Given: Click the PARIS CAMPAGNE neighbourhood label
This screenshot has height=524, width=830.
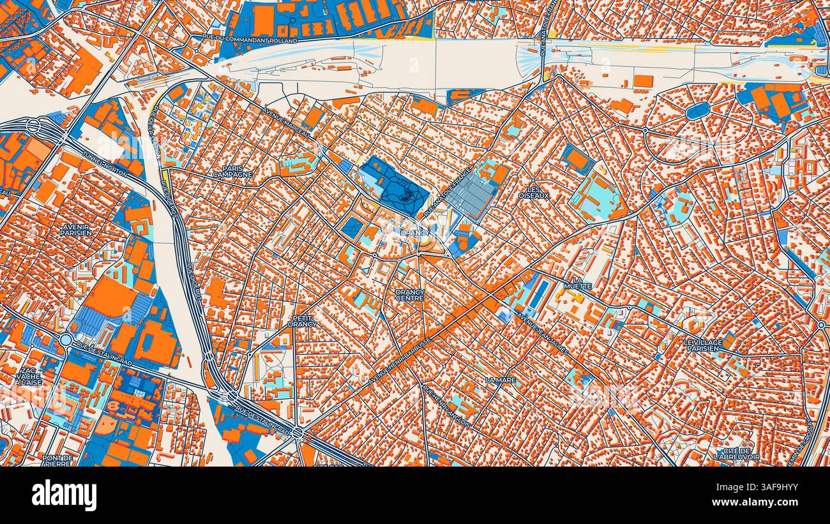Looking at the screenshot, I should pos(232,171).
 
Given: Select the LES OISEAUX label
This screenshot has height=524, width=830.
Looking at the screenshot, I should pos(533,193).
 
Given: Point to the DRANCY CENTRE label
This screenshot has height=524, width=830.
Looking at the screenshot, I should pos(409,295).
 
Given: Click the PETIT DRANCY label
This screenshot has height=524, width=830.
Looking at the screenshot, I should pos(302,321).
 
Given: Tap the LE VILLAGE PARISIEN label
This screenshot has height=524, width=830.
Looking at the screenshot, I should pos(703,345).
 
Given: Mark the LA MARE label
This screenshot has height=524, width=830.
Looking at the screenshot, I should pos(500,380).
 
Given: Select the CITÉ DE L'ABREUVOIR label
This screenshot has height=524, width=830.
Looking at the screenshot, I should pos(736,454).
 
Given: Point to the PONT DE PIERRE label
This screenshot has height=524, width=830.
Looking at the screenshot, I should pos(57,460).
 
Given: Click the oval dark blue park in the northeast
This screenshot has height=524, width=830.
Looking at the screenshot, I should pos(697,110).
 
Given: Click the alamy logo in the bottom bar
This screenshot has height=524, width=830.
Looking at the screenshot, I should pos(64,495).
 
